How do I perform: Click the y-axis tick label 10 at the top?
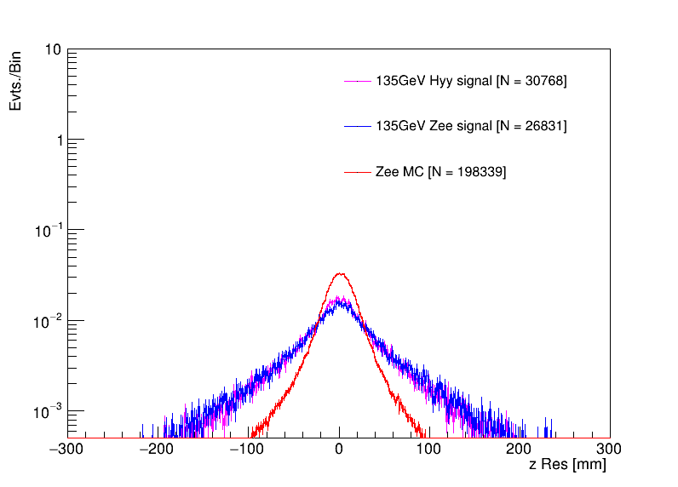point(52,50)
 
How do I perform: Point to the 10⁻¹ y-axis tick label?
point(49,231)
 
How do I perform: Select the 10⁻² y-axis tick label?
point(49,321)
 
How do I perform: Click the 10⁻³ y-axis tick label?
point(49,411)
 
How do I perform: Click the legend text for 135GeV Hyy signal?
point(471,81)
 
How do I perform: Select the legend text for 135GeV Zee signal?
point(471,126)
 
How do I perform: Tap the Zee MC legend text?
point(440,172)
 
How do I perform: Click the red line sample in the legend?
point(357,172)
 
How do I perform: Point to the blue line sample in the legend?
point(357,126)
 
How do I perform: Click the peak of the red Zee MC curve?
point(340,273)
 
